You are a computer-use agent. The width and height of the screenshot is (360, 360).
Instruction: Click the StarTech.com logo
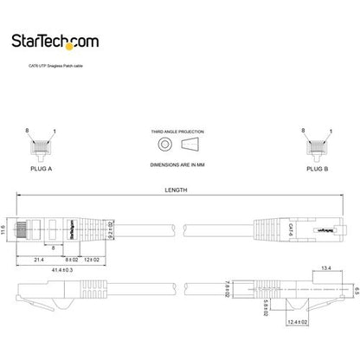(67, 39)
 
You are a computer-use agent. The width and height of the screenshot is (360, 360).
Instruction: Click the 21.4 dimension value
(39, 259)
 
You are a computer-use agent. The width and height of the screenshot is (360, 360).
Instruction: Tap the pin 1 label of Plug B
(327, 130)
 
